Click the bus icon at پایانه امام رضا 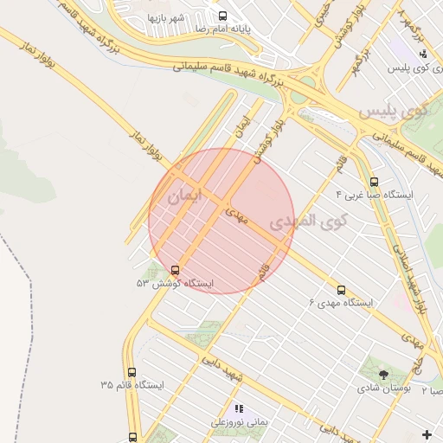[222, 16]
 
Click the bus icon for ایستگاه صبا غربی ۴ [374, 182]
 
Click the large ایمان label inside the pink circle [183, 196]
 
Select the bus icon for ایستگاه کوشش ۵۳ [176, 270]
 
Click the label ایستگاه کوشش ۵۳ [175, 283]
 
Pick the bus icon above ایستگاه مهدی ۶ [341, 290]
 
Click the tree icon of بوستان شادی [384, 374]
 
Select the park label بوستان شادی [384, 388]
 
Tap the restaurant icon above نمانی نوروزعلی [240, 408]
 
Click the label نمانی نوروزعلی [240, 423]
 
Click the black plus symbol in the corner [425, 433]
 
